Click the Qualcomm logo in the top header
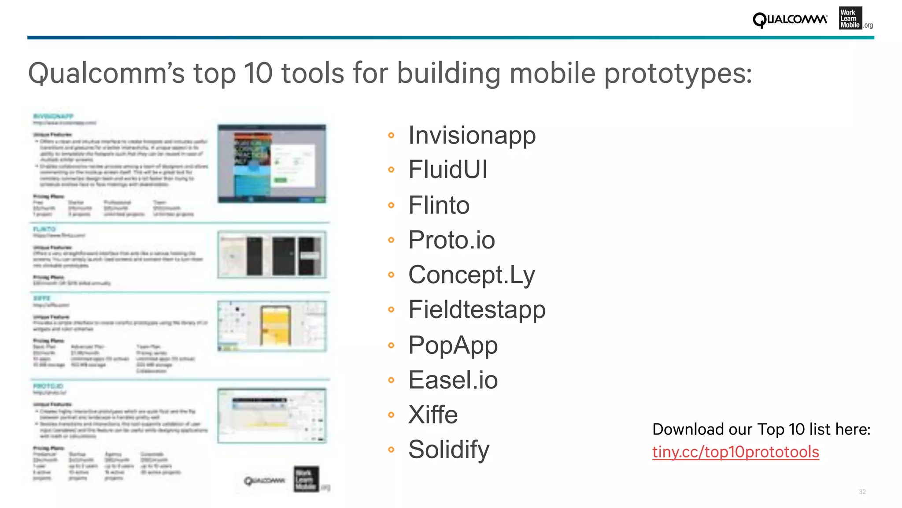pos(790,20)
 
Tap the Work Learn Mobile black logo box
pos(850,19)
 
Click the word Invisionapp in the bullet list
pos(472,135)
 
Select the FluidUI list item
pos(448,170)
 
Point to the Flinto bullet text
pos(439,205)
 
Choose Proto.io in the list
pos(451,240)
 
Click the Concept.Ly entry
pos(471,275)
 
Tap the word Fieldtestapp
pos(477,309)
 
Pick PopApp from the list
pos(453,345)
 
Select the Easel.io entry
pos(453,380)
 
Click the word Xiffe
pos(433,415)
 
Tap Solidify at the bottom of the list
pos(448,449)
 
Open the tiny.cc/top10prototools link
pos(735,452)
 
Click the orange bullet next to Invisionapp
pos(391,135)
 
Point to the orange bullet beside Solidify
pos(391,450)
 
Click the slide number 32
pos(862,492)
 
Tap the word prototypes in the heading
pos(677,74)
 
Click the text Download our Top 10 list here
pos(761,429)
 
